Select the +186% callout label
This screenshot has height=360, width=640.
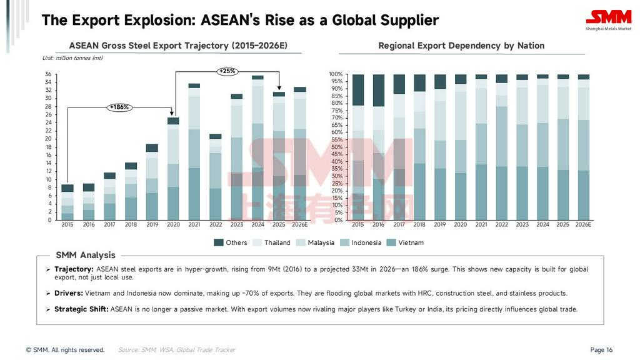pos(119,107)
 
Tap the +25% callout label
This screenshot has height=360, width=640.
pos(227,71)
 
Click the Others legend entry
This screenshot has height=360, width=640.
pos(231,242)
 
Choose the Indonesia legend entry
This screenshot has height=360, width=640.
pos(360,242)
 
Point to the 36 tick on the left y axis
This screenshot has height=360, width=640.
pos(48,74)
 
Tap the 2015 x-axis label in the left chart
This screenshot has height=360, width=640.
pos(67,225)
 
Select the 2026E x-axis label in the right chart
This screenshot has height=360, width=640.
pos(583,225)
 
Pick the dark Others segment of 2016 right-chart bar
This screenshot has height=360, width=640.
pos(378,91)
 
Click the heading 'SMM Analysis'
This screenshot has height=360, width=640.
pos(86,255)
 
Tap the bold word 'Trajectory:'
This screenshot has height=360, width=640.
pos(74,269)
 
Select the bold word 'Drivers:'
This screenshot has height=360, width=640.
pos(69,293)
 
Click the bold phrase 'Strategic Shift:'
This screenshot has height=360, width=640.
pos(81,309)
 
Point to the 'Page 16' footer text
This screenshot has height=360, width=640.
pos(601,350)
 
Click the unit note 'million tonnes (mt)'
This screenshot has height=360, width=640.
pos(72,58)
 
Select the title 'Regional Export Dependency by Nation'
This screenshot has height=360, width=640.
pos(461,46)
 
